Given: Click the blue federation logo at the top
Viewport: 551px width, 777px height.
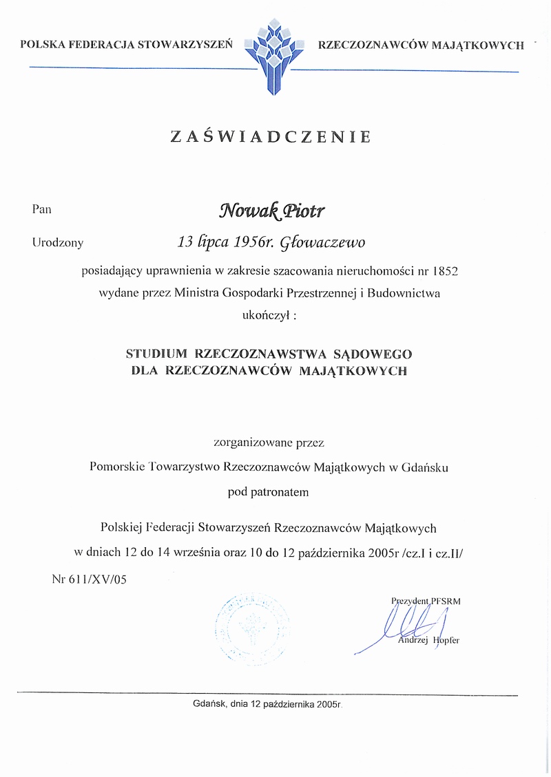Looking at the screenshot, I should click(x=275, y=55).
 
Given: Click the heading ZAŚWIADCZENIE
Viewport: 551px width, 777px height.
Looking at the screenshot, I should click(x=271, y=136).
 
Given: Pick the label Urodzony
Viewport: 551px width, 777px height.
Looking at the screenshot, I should click(x=57, y=242).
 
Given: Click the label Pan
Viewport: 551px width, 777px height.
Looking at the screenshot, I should click(x=41, y=209).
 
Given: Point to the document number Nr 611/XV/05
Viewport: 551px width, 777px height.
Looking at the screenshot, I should click(x=90, y=579).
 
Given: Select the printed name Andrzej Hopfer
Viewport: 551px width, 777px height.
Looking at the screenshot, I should click(x=429, y=641).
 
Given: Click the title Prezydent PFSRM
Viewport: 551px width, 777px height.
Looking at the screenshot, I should click(x=426, y=600).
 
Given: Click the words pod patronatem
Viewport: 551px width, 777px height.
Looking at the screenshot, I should click(x=269, y=492).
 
